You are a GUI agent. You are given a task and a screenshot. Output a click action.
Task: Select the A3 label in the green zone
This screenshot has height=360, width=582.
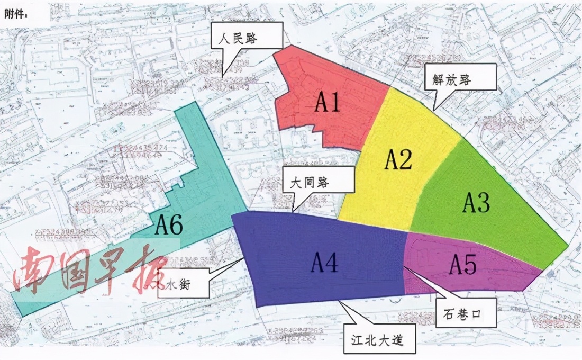[476, 202]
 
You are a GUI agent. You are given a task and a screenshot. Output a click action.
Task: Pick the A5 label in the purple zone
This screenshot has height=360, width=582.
[462, 264]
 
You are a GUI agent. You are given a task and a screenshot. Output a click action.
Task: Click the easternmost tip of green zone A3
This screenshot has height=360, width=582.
[568, 246]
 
